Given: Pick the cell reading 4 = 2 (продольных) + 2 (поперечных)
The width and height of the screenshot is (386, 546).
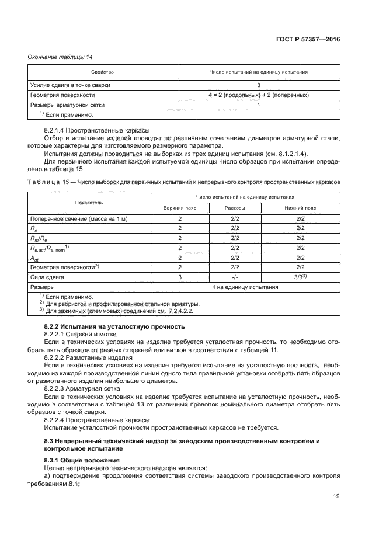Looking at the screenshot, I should (259, 95).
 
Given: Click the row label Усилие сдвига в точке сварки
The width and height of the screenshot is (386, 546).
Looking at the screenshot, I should (70, 85).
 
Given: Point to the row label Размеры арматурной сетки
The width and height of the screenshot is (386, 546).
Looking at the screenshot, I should (68, 105).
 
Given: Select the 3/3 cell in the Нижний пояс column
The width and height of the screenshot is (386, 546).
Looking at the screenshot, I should (301, 277).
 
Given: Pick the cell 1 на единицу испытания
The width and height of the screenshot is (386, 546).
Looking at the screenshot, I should (245, 287).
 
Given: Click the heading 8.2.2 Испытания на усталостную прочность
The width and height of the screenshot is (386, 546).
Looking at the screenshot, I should (114, 326).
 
